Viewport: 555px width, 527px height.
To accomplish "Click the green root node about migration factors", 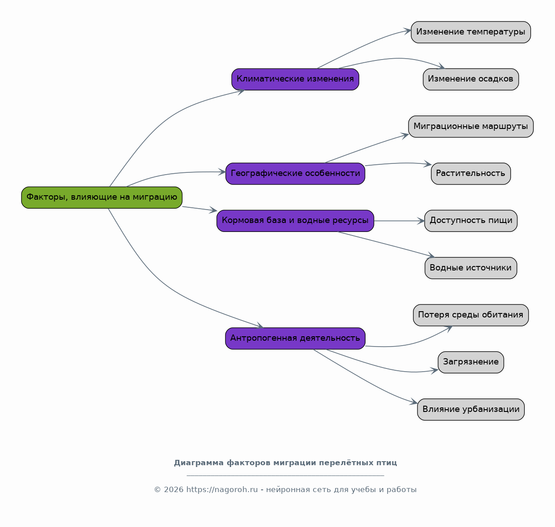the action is click(102, 197).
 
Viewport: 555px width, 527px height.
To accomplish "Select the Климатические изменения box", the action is click(295, 79).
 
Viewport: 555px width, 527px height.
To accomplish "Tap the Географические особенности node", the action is click(295, 174).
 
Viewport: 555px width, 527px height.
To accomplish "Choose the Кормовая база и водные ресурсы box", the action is click(295, 221).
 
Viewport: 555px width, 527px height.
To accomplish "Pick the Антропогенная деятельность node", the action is click(295, 338).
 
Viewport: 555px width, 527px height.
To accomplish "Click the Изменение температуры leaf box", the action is click(471, 32).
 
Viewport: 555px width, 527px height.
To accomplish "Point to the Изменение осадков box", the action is click(471, 79).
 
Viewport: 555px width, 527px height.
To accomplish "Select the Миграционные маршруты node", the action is click(471, 126).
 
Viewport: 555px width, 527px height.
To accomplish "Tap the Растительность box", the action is click(471, 174).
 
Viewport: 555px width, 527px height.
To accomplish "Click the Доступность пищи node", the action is click(471, 221).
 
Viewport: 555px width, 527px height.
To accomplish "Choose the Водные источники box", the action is click(471, 268).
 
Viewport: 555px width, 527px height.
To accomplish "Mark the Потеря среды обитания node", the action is click(471, 315).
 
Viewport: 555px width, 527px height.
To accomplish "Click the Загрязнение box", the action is click(471, 362).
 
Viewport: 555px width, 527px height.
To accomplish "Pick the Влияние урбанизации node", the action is click(471, 409).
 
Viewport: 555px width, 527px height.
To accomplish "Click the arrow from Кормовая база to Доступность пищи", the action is click(399, 221).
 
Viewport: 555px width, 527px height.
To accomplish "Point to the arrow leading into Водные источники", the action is click(386, 244).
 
